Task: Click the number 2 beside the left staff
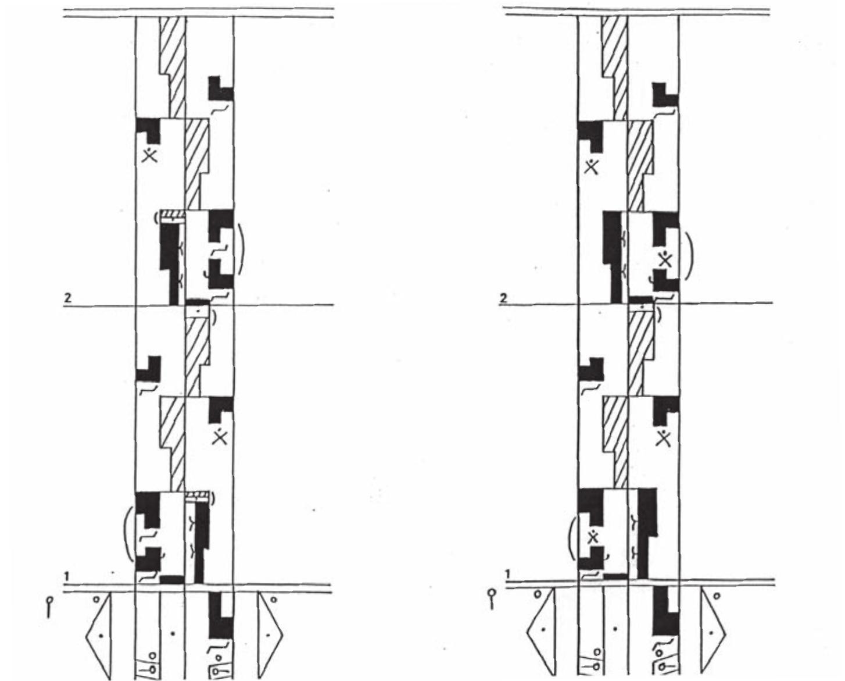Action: point(68,298)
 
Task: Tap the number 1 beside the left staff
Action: point(67,576)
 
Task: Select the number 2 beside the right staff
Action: point(503,298)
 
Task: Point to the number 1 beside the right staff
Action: point(507,574)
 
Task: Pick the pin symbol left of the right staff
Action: point(492,599)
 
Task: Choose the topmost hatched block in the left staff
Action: point(173,67)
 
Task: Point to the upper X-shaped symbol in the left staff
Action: point(150,155)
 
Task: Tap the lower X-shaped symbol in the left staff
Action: point(220,436)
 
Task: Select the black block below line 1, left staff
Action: point(221,616)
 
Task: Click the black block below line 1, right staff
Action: point(665,611)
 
